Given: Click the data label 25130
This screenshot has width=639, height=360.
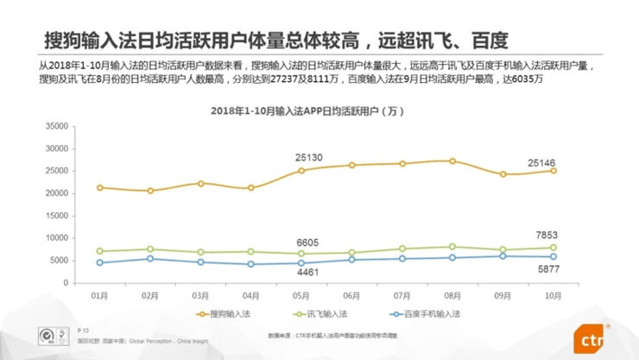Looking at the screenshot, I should (x=309, y=157).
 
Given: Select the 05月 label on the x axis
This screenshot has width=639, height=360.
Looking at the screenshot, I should (x=301, y=294).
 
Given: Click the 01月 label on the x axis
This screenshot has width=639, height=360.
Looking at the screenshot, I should (x=100, y=294).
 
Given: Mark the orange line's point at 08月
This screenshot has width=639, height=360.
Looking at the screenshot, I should (x=452, y=161).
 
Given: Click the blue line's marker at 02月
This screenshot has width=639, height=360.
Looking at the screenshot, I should (x=150, y=258).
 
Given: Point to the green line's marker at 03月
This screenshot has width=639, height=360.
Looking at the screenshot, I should (x=200, y=252).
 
